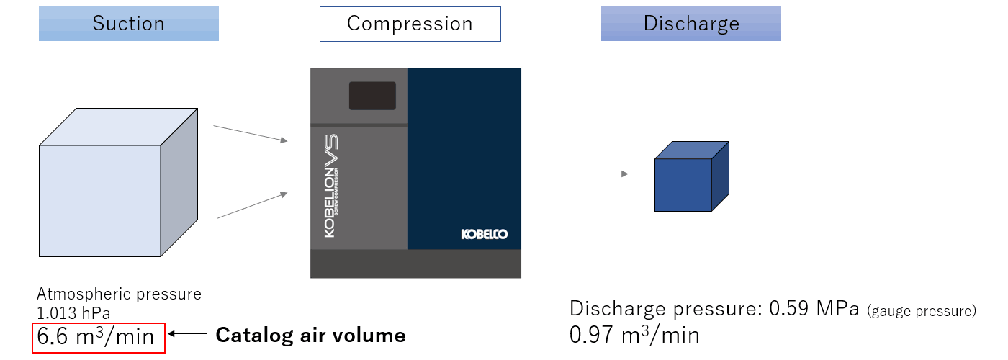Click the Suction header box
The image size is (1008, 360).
point(128,24)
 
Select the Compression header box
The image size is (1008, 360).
point(410,24)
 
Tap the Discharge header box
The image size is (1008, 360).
point(690,24)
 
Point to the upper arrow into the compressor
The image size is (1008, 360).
point(251,133)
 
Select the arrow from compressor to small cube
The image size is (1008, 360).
point(582,174)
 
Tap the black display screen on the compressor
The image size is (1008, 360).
point(372,96)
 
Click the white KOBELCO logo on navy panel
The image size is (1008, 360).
point(485,235)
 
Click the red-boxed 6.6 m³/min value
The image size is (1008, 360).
point(99,336)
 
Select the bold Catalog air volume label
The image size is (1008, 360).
point(310,335)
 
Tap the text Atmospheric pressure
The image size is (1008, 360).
point(119,294)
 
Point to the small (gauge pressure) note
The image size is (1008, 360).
point(922,311)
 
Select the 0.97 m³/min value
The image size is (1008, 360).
point(634,335)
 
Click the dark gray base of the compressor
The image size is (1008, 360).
point(415,264)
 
